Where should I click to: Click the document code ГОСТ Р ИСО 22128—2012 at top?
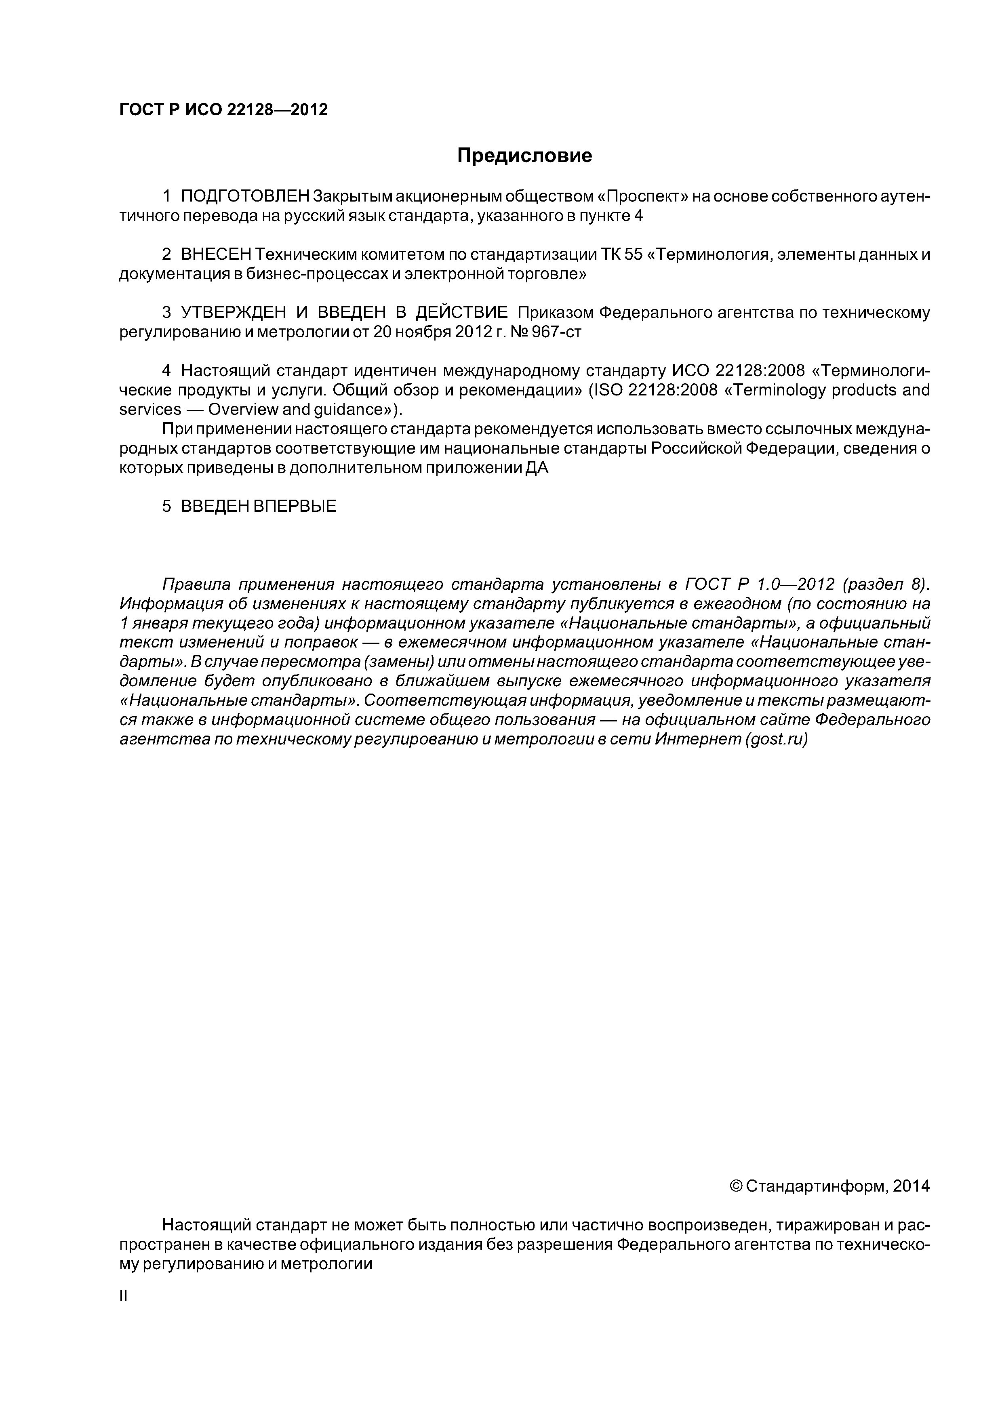click(x=223, y=110)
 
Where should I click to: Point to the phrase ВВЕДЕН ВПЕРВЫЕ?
click(x=258, y=507)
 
